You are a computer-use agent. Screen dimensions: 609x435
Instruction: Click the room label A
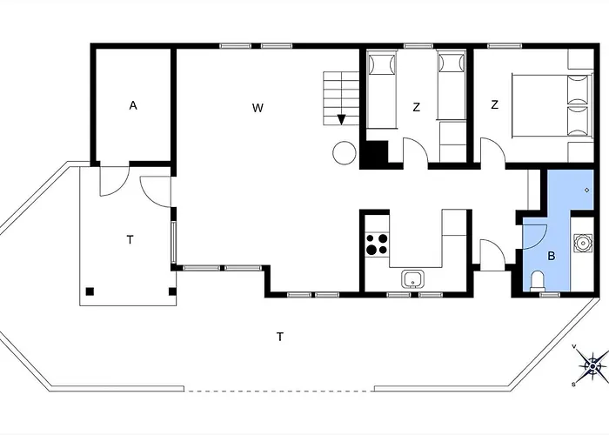133,105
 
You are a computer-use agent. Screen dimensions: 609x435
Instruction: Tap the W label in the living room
258,108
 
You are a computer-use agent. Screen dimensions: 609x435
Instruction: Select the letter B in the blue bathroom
551,257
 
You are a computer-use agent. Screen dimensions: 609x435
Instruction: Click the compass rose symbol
592,365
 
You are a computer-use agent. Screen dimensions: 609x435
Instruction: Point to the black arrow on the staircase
341,120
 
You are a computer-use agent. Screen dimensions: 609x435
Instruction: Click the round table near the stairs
345,152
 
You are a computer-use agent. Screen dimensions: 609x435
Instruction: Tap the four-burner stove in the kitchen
377,244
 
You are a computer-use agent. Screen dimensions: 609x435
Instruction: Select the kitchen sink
413,279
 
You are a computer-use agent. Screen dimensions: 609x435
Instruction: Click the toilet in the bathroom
538,281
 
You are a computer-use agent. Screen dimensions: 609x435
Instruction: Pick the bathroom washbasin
583,244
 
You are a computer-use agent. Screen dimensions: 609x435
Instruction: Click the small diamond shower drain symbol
587,190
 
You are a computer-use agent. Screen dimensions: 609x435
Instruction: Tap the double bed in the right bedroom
552,105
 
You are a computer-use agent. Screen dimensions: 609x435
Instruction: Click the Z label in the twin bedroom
417,107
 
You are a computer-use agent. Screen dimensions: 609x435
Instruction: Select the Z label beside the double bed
494,105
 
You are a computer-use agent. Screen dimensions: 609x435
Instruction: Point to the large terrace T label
280,337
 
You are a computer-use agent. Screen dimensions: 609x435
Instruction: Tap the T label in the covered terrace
130,240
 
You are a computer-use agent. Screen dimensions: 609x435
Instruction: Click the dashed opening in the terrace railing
279,391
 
